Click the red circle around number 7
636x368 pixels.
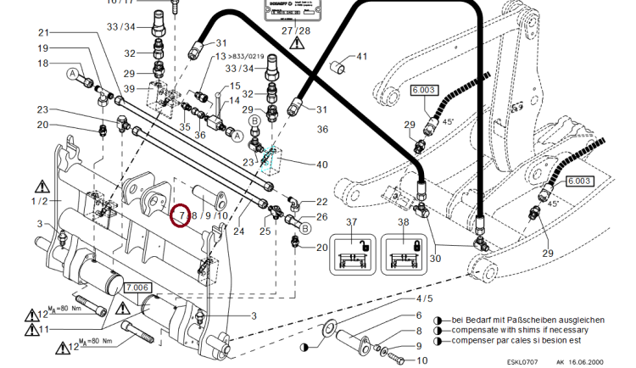(180, 216)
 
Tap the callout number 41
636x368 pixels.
(362, 58)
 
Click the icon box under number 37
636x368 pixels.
(352, 253)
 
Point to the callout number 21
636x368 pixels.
(44, 32)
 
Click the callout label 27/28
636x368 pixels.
(296, 30)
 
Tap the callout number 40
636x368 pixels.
(321, 164)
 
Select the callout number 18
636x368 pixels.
(43, 64)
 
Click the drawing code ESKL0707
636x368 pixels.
(526, 362)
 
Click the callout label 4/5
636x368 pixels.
(423, 298)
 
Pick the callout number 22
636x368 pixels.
(321, 201)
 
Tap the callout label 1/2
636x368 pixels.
(40, 201)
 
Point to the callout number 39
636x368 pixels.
(129, 89)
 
